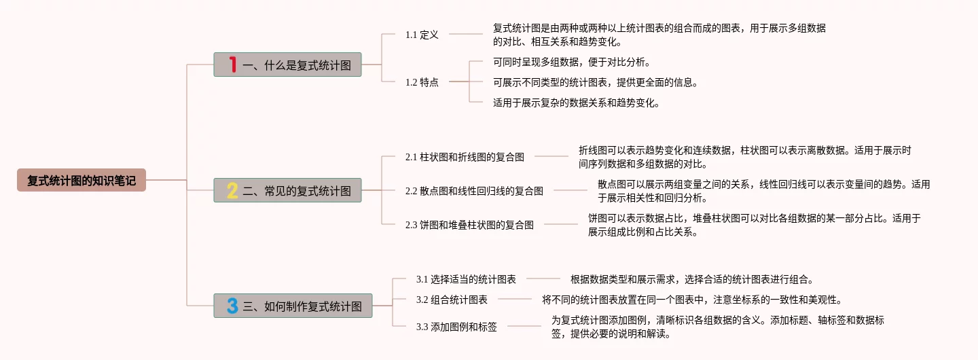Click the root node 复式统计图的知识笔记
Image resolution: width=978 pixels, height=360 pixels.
tap(81, 181)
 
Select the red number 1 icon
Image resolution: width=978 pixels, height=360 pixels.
tap(233, 65)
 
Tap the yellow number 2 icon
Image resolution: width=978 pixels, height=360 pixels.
tap(232, 191)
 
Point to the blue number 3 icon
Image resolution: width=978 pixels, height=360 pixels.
tap(232, 306)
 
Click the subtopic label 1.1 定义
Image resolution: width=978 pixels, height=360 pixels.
tap(422, 35)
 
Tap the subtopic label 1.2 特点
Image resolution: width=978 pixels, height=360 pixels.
tap(422, 82)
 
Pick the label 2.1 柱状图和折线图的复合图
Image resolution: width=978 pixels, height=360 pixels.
tap(465, 157)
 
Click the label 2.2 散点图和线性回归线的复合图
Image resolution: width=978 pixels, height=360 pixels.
tap(474, 191)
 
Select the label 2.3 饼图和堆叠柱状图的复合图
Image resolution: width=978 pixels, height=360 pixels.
tap(469, 225)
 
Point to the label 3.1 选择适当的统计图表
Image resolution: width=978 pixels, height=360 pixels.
tap(466, 279)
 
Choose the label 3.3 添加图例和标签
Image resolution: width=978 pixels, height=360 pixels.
tap(456, 327)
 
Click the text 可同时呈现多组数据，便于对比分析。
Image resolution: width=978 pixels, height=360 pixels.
tap(572, 62)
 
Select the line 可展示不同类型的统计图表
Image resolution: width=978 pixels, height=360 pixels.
tap(595, 83)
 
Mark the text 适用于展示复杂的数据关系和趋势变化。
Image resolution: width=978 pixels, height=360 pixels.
tap(577, 103)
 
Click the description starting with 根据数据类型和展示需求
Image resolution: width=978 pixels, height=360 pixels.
tap(691, 279)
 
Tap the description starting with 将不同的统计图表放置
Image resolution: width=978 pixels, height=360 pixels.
tap(691, 300)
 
